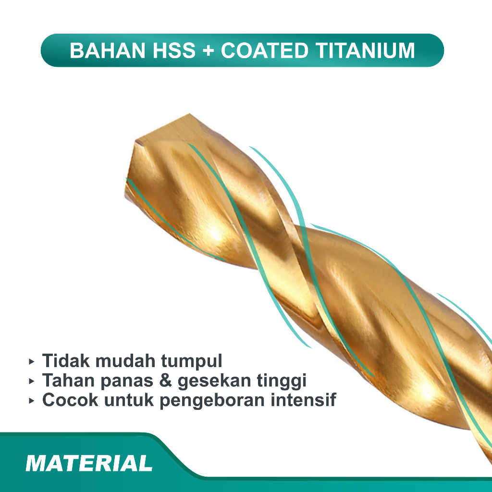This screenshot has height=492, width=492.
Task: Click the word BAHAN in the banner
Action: click(x=108, y=50)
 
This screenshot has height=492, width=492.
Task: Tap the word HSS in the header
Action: click(x=174, y=50)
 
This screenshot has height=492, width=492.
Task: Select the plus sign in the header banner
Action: click(x=209, y=51)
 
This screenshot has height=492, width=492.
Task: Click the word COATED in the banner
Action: click(x=265, y=50)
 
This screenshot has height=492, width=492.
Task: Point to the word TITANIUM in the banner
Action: click(x=365, y=50)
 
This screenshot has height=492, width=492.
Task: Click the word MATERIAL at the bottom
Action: click(x=89, y=463)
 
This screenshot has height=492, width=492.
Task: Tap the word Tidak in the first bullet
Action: click(x=66, y=360)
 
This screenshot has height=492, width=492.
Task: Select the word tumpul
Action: click(x=192, y=361)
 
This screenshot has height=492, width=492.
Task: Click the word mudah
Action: click(x=125, y=360)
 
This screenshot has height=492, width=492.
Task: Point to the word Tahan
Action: click(x=68, y=381)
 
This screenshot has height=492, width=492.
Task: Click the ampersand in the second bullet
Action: click(x=165, y=381)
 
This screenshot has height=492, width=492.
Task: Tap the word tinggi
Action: click(x=282, y=381)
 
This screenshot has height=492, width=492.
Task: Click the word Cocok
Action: click(x=70, y=400)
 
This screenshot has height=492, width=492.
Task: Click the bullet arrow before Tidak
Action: click(x=31, y=362)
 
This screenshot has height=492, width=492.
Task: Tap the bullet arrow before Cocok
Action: click(x=31, y=401)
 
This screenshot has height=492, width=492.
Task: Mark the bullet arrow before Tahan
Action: click(x=31, y=381)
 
